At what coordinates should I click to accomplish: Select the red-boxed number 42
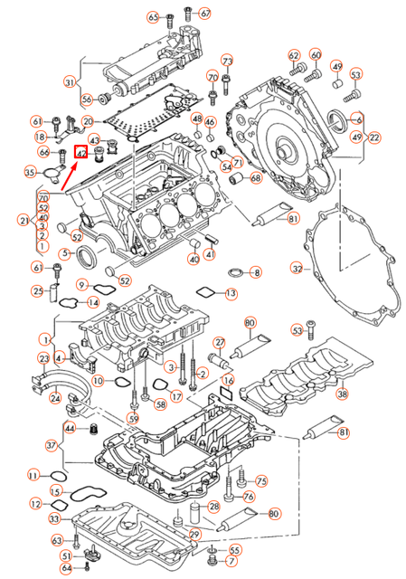(x=80, y=154)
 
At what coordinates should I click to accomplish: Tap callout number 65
(x=153, y=17)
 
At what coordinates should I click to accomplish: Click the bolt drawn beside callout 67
(x=187, y=13)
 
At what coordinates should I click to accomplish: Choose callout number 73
(x=227, y=61)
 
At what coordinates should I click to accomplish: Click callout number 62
(x=294, y=56)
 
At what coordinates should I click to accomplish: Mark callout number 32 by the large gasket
(x=296, y=269)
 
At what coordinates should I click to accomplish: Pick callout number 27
(x=219, y=342)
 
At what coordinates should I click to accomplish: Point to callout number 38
(x=342, y=394)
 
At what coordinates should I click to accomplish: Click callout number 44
(x=70, y=427)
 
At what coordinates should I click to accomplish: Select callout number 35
(x=30, y=172)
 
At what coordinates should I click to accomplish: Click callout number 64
(x=66, y=568)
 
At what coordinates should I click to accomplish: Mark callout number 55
(x=234, y=550)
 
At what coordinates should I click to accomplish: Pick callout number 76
(x=249, y=497)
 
